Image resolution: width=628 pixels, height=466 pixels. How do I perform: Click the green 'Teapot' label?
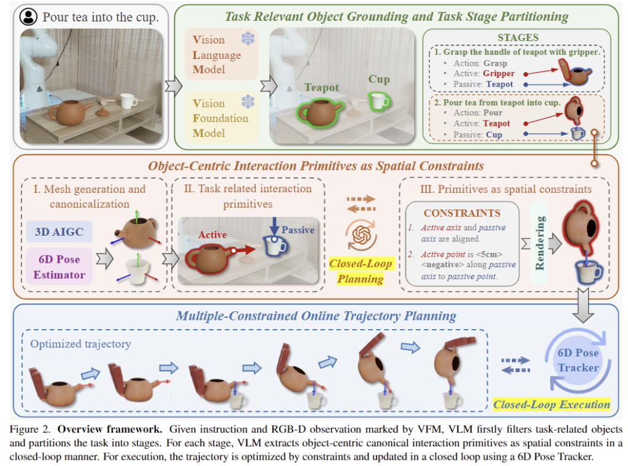[321, 88]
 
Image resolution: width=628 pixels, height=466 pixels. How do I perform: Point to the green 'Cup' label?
[379, 80]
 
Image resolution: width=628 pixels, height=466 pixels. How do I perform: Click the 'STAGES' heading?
[518, 37]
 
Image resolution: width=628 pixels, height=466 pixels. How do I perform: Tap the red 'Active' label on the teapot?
[212, 235]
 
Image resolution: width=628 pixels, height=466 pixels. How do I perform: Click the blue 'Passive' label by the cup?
[298, 230]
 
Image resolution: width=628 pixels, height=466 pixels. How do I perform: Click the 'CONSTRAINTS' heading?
[462, 214]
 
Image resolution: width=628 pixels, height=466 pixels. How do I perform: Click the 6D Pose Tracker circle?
[578, 360]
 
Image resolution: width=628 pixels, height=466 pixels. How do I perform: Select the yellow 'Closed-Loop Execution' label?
[551, 404]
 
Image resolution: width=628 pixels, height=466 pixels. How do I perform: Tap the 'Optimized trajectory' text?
[80, 344]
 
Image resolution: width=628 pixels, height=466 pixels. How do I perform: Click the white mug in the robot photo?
[128, 101]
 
